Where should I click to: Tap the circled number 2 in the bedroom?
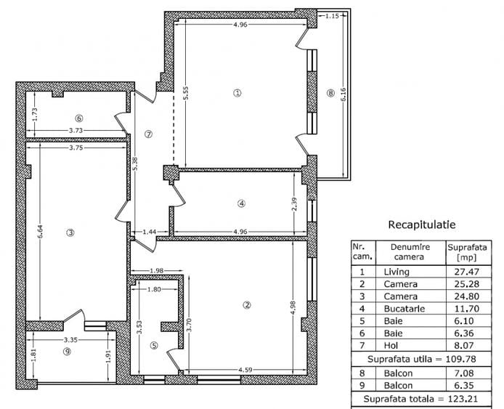pos(247,304)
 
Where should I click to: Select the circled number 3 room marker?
pos(70,232)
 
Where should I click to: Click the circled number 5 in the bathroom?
pos(153,345)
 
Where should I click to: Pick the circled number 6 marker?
pos(78,118)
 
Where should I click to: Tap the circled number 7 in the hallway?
pos(148,134)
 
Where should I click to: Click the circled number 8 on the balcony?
pos(330,93)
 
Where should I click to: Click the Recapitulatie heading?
pos(421,224)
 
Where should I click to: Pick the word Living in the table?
pos(396,272)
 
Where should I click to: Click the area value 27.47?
pos(460,272)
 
